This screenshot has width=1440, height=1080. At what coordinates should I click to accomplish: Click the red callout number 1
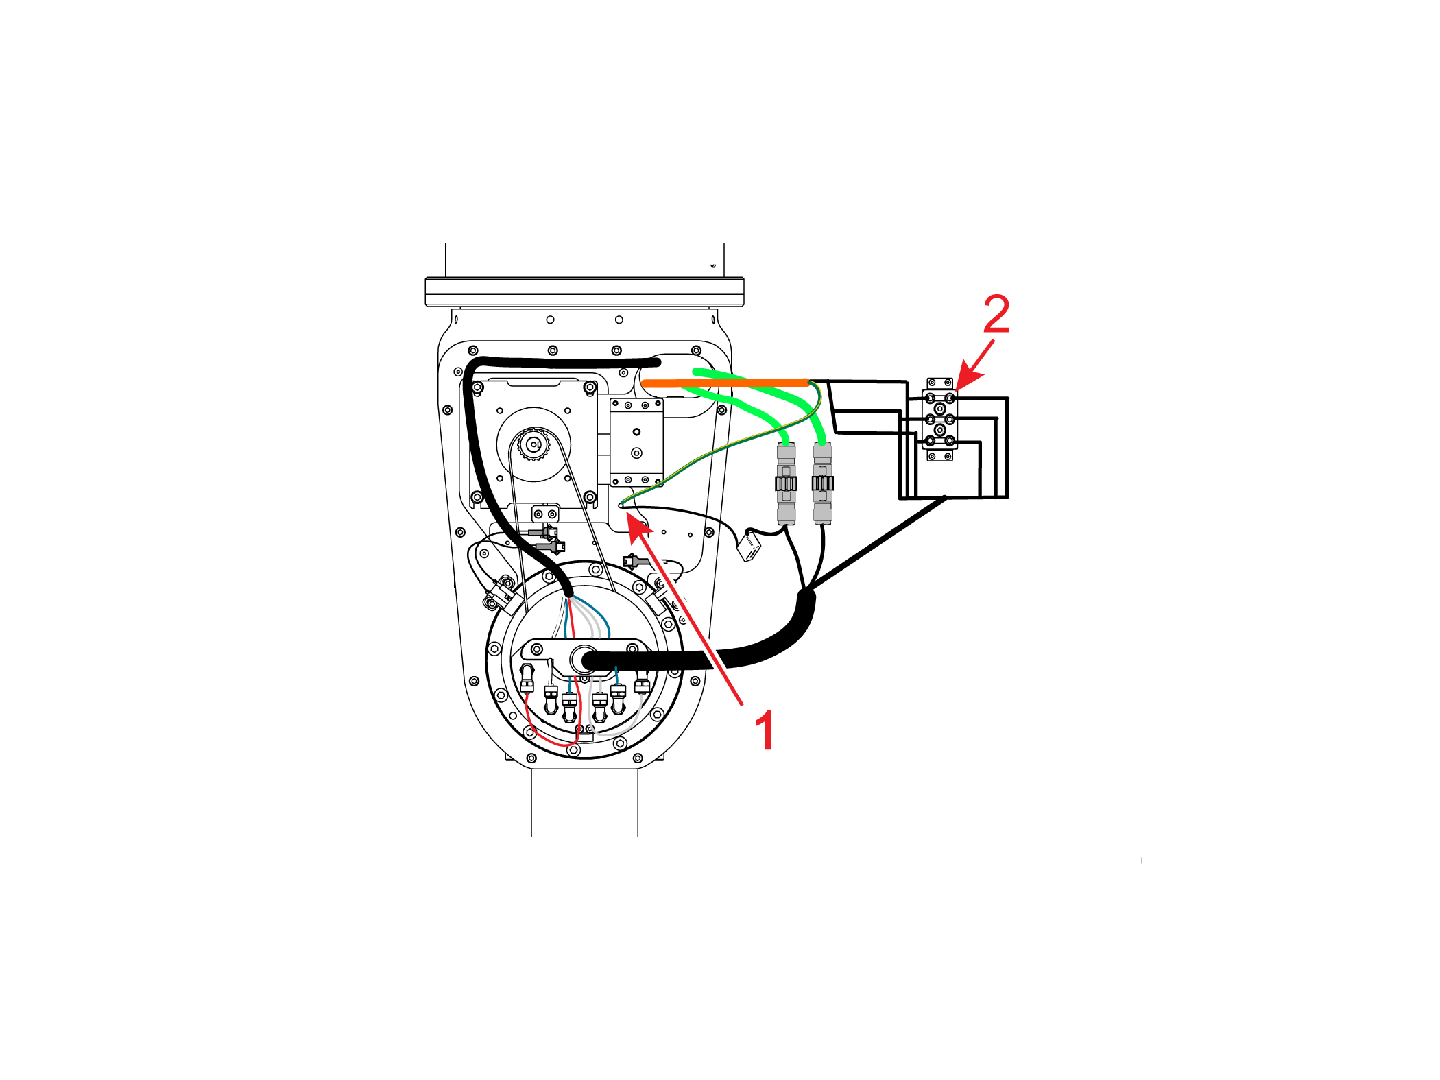[x=765, y=730]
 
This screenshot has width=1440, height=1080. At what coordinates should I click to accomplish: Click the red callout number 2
[x=996, y=313]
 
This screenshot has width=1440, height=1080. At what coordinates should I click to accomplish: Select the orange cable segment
[x=725, y=383]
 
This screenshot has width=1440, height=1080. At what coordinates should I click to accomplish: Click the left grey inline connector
[x=786, y=483]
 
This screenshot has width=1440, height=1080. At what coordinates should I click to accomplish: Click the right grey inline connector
[x=822, y=483]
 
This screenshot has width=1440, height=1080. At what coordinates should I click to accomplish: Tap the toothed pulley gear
[x=533, y=444]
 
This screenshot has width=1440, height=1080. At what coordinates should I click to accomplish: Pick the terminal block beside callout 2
[x=939, y=419]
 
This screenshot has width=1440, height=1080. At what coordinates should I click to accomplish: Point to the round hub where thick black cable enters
[x=584, y=660]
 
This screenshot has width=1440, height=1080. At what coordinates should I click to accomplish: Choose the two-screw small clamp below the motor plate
[x=545, y=514]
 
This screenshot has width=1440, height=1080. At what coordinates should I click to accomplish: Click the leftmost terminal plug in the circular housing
[x=527, y=679]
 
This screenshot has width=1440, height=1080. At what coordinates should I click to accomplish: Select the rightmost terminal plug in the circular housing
[x=642, y=682]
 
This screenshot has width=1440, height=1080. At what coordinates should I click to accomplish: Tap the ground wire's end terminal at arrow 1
[x=621, y=506]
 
